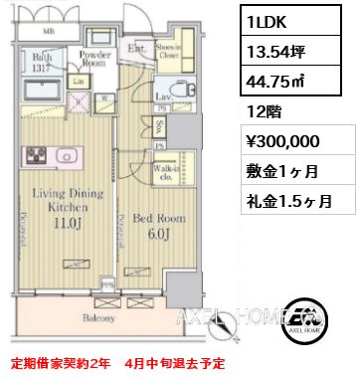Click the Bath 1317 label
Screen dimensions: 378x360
[x=40, y=63]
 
